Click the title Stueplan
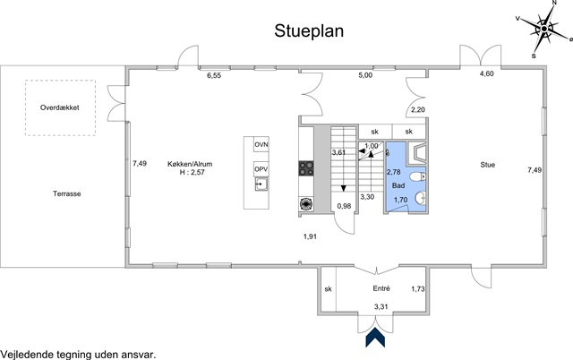310,32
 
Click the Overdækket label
60,107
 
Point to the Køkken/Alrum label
190,164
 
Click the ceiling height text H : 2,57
190,175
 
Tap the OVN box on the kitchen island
261,145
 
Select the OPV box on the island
261,169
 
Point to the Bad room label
398,185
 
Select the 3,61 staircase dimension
339,153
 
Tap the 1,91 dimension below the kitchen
309,236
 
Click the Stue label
488,165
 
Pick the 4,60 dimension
486,73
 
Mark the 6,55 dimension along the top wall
214,76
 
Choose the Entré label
381,288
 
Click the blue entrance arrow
375,338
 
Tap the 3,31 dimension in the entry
381,306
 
